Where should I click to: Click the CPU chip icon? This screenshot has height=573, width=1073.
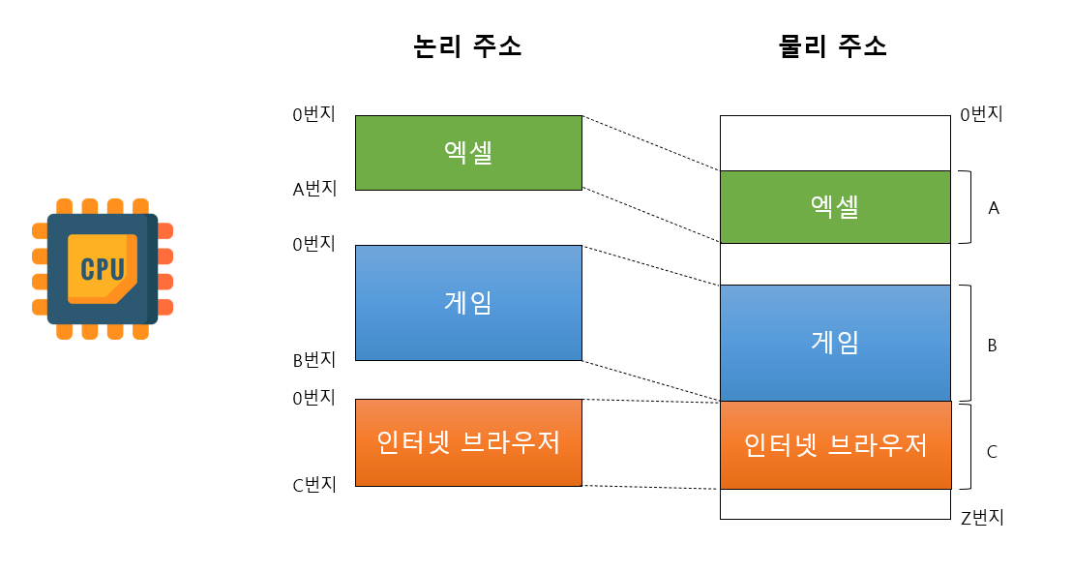tap(103, 268)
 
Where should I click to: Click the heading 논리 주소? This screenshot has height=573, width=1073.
tap(467, 46)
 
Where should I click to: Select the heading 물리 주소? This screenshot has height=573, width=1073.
tap(833, 46)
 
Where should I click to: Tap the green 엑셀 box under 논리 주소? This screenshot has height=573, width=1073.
tap(468, 153)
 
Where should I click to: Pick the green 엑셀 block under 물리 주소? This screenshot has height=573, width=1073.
tap(835, 206)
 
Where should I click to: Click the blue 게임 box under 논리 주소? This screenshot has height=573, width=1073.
tap(468, 302)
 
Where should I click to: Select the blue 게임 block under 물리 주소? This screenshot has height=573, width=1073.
tap(835, 342)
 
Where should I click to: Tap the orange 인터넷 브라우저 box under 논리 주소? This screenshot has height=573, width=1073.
tap(468, 442)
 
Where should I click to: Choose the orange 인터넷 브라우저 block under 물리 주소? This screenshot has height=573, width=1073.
tap(835, 445)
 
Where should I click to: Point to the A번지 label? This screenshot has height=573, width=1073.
tap(314, 189)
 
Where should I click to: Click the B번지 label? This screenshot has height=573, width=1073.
tap(314, 360)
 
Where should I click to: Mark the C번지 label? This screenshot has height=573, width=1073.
tap(314, 485)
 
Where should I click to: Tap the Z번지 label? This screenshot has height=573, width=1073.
tap(982, 517)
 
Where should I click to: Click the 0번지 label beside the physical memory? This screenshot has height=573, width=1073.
tap(981, 114)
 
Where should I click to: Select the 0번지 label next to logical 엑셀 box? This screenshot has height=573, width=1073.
tap(314, 114)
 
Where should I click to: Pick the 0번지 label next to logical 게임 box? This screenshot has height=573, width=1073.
tap(314, 244)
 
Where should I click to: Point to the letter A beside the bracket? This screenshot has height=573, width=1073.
tap(993, 207)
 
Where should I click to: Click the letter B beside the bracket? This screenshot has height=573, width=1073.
tap(992, 344)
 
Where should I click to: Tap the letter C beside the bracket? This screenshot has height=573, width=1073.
tap(992, 451)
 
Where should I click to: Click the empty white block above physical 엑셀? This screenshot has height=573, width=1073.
tap(835, 143)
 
